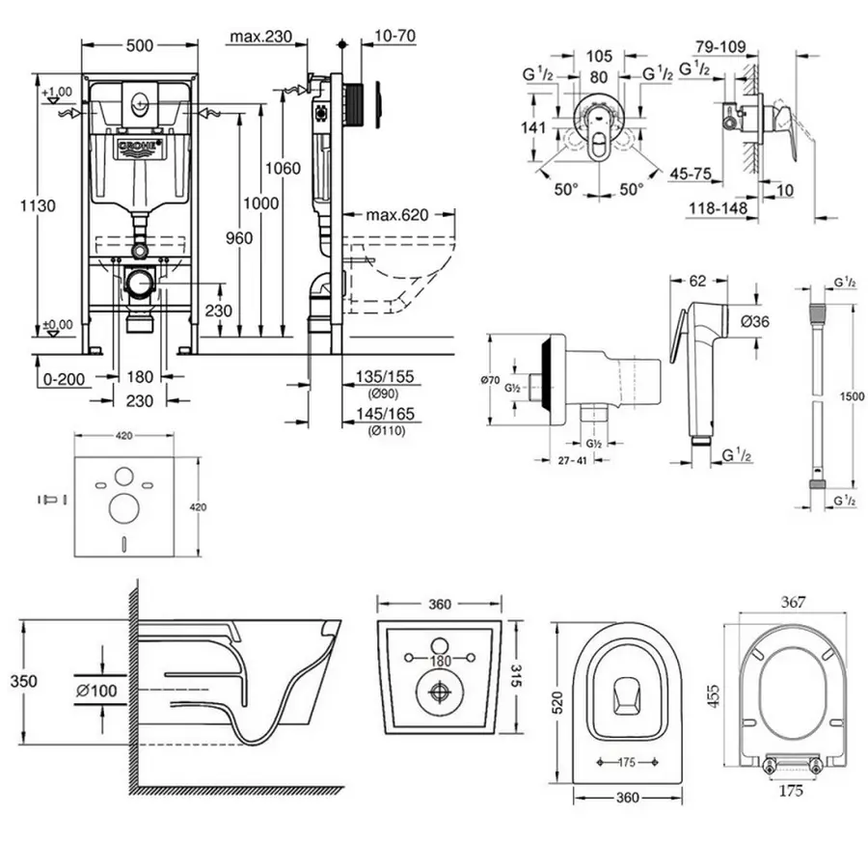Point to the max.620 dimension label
pyautogui.click(x=396, y=213)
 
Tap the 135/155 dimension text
pyautogui.click(x=384, y=377)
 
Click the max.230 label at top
pyautogui.click(x=260, y=38)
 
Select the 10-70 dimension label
pyautogui.click(x=394, y=38)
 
